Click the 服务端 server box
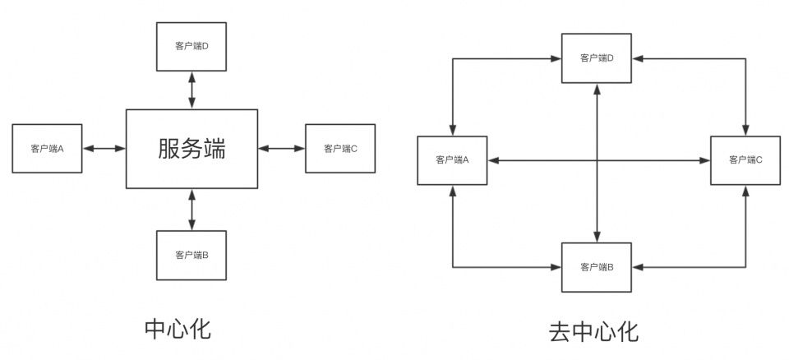191,148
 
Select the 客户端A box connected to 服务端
48,149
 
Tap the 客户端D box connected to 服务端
191,46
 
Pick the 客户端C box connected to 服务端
339,149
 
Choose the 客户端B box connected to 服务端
191,255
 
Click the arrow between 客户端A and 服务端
104,149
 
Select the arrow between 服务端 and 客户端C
281,149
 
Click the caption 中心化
178,329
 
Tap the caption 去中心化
593,332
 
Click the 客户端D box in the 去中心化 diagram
597,58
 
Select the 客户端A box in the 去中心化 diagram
452,159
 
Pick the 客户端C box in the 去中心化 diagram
745,159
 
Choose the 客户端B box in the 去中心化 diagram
597,267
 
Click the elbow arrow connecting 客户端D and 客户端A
453,59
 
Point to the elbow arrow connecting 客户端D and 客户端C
745,59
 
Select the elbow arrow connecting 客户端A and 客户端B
453,266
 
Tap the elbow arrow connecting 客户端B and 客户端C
745,266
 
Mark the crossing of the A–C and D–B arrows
597,159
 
